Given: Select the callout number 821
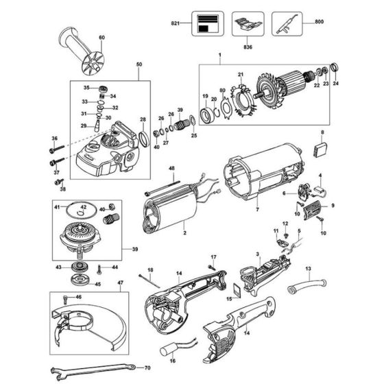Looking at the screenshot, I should coord(175,23).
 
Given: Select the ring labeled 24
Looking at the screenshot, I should coord(336,67).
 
